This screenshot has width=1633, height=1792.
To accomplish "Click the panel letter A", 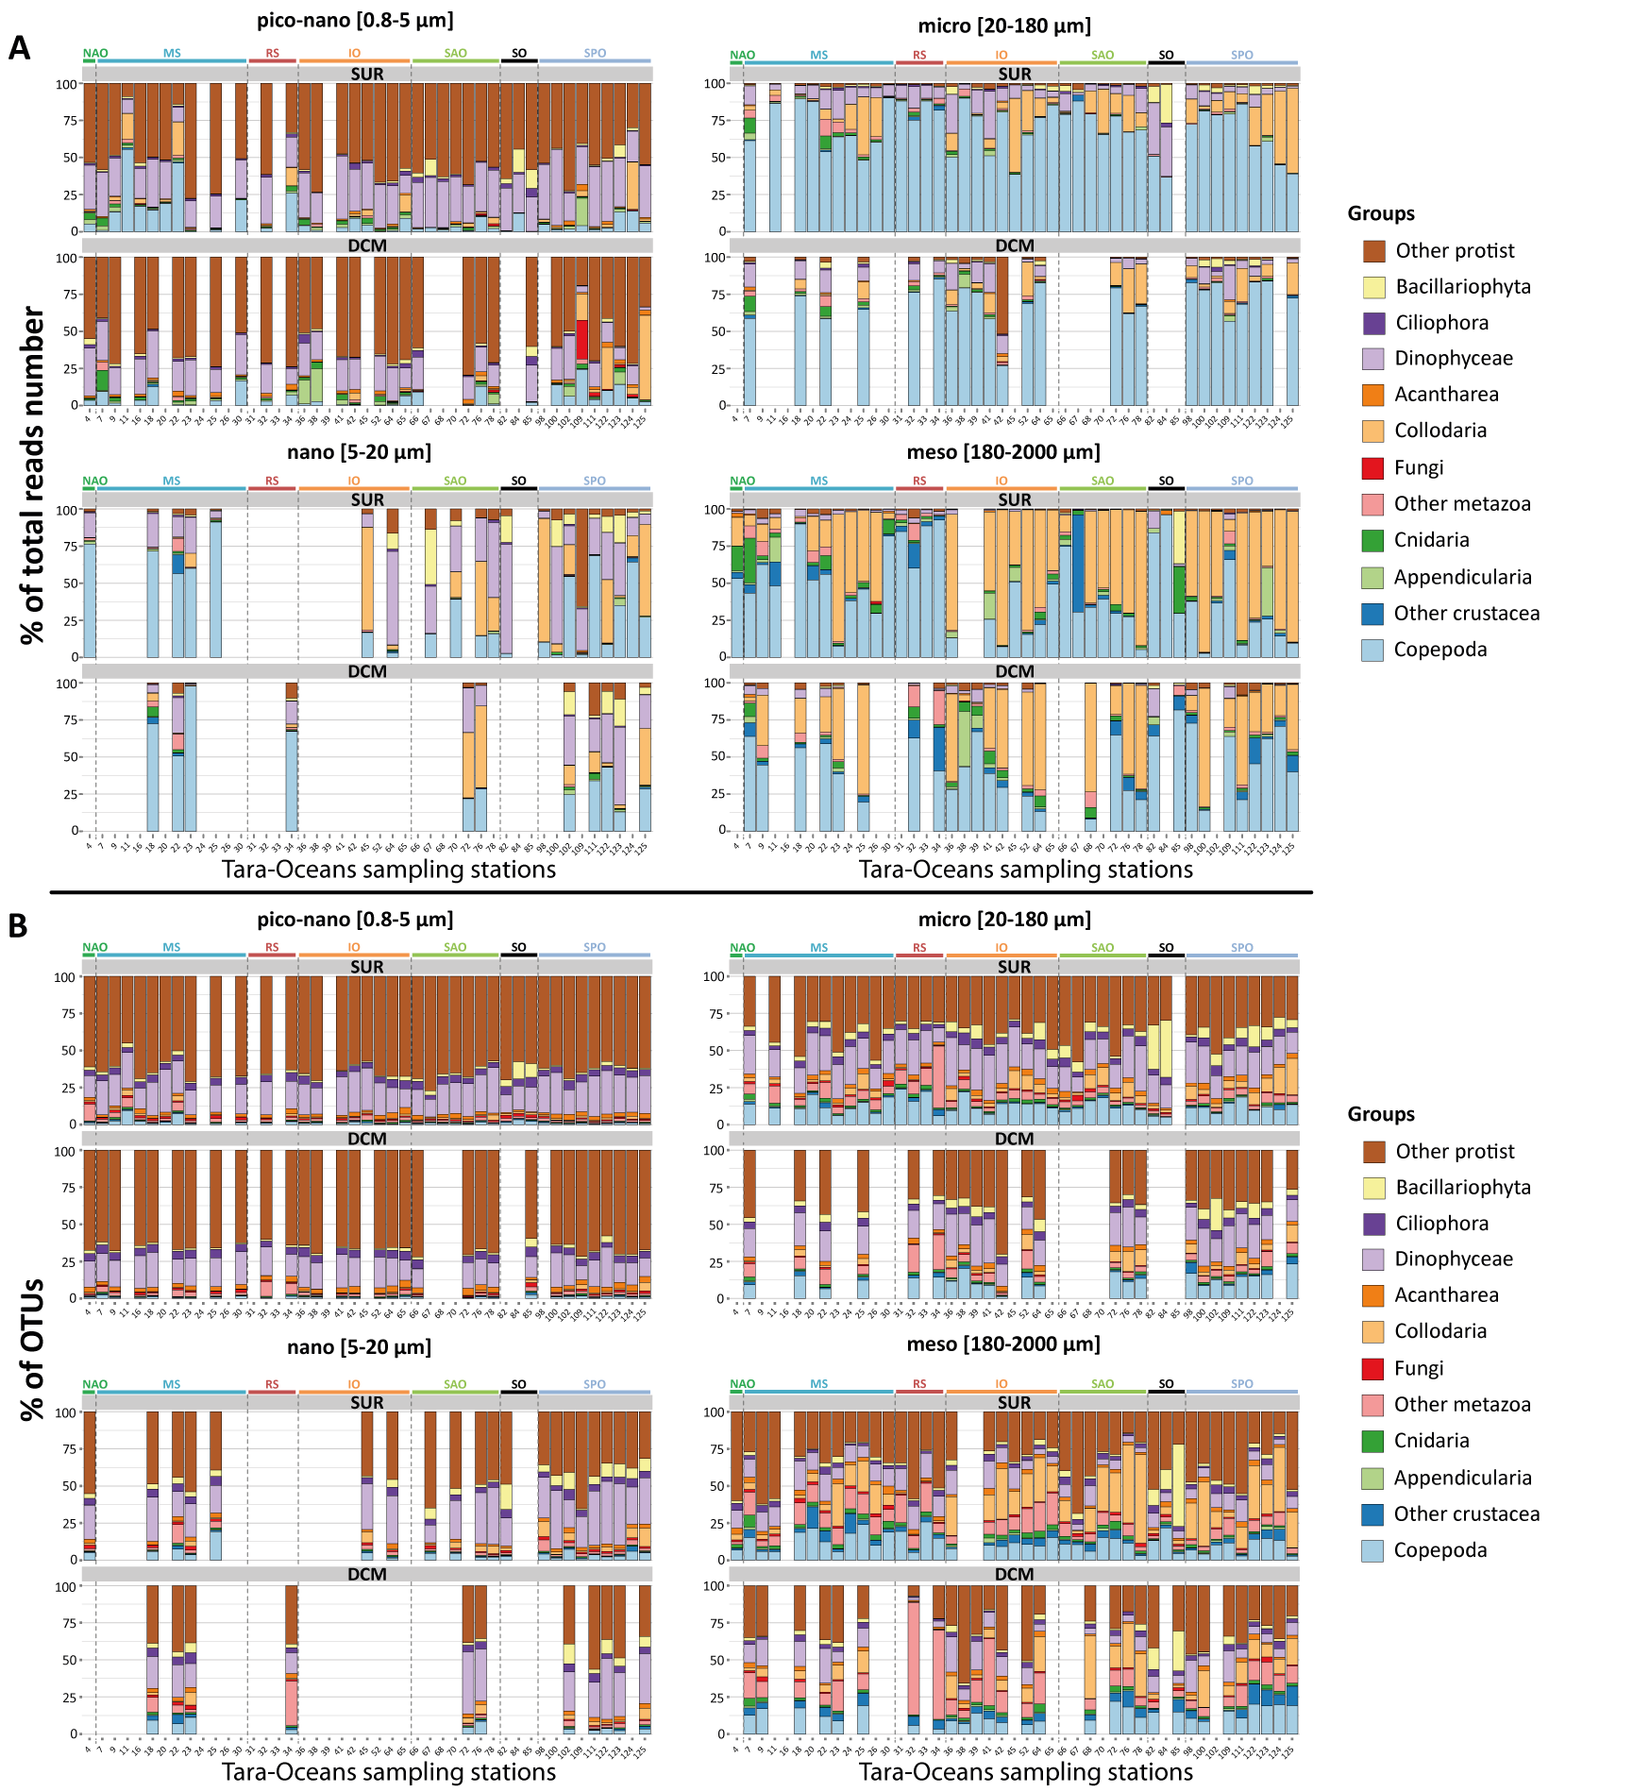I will pos(19,48).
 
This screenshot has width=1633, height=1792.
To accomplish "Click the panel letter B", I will pos(17,926).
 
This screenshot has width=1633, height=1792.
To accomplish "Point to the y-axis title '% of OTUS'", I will pos(33,1349).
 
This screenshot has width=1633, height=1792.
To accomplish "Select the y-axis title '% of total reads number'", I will pos(33,475).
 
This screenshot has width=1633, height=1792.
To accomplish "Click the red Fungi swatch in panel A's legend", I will pos(1372,467).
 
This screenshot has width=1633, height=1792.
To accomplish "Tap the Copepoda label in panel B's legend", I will pos(1439,1549).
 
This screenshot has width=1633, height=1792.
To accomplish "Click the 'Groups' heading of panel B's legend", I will pos(1380,1113).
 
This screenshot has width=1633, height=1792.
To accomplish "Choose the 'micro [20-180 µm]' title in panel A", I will pos(1003,25).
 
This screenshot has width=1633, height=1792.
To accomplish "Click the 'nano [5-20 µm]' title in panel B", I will pos(359,1346).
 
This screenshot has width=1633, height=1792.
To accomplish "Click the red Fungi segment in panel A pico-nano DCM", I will pos(582,340).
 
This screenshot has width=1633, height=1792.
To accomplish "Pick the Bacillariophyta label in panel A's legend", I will pos(1462,286).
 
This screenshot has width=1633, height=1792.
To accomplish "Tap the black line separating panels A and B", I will pos(680,891).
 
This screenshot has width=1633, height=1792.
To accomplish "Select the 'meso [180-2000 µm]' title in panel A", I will pos(1002,452).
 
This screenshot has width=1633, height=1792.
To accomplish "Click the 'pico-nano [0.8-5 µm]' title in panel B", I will pos(355,919).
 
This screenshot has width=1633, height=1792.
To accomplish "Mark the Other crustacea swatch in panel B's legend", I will pos(1372,1513).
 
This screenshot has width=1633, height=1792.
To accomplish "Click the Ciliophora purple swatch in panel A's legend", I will pos(1372,322).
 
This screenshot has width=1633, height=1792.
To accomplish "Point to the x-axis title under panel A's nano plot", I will pos(388,869).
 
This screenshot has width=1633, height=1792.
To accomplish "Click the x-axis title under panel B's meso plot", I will pos(1025,1771).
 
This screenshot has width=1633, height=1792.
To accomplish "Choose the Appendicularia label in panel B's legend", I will pos(1462,1478).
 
